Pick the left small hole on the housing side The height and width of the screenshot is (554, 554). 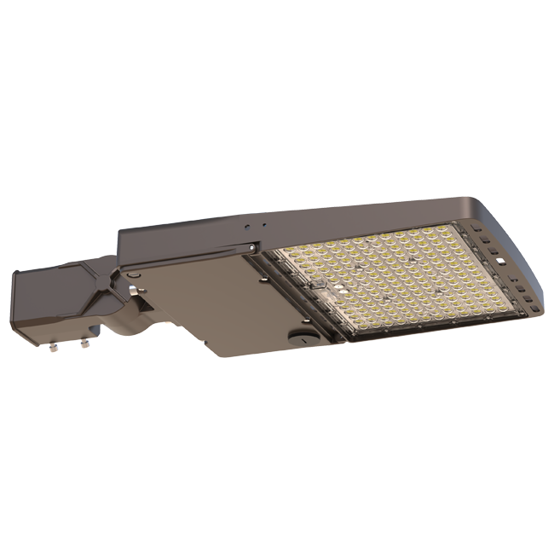pyautogui.click(x=245, y=228)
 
